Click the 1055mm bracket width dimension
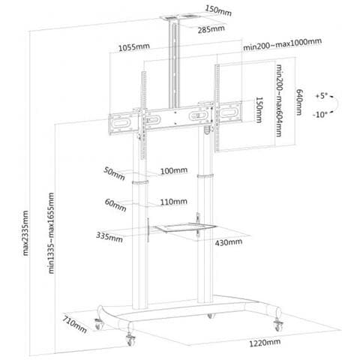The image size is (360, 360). (134, 47)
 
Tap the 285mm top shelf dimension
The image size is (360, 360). (211, 29)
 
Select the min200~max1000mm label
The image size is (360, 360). (282, 44)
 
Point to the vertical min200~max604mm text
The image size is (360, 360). (279, 100)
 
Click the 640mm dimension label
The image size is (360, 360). (299, 102)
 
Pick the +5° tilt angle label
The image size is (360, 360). (322, 96)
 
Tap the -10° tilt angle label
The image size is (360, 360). (319, 115)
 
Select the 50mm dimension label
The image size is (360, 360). (114, 173)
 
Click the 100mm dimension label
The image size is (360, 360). (174, 171)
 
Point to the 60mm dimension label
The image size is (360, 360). (115, 205)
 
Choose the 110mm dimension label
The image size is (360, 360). (174, 202)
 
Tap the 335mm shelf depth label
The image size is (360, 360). (109, 237)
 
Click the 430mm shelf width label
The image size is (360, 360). (229, 242)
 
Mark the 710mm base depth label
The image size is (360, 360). (74, 324)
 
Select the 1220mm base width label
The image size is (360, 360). (265, 343)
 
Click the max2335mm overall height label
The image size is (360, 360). (25, 233)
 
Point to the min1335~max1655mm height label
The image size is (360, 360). (51, 233)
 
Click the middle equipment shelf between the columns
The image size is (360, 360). (185, 228)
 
